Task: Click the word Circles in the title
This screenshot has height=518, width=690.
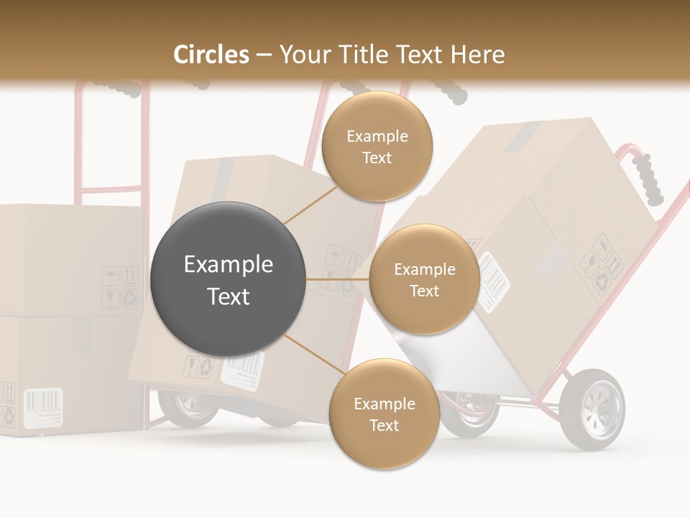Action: coord(211,55)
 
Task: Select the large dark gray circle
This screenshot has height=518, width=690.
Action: coord(228,279)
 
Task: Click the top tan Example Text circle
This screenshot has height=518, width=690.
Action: coord(377,146)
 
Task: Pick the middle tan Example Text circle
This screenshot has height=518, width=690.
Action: coord(424,279)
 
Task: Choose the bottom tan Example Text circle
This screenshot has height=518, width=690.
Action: coord(384,414)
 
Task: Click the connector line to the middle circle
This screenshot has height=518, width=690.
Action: coord(337,279)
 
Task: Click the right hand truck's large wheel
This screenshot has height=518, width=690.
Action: coord(592,408)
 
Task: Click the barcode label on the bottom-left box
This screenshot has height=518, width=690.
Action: coord(43,408)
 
